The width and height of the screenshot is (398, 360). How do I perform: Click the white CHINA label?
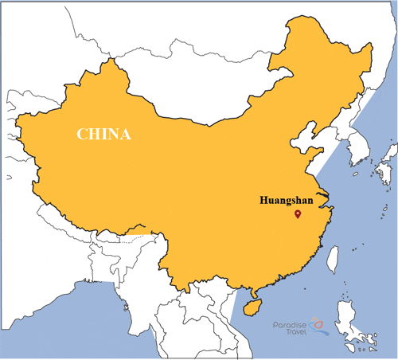[x=103, y=134]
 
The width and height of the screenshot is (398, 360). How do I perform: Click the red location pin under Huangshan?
[x=297, y=213]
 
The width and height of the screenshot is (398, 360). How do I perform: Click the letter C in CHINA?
[x=82, y=134]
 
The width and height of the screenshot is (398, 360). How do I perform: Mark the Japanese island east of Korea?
[x=387, y=171]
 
